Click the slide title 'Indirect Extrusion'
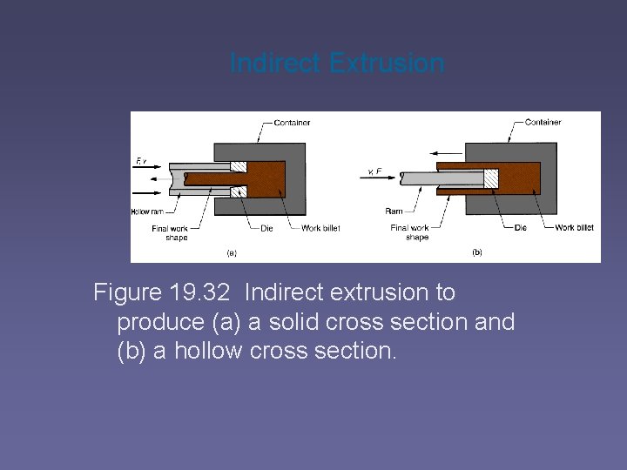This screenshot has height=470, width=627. (x=337, y=64)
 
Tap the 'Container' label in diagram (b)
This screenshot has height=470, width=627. (x=543, y=123)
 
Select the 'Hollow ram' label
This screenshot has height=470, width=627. (x=147, y=211)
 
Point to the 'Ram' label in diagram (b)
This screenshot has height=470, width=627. (x=394, y=211)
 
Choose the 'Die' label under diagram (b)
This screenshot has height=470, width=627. (x=520, y=228)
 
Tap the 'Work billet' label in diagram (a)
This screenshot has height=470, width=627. (x=320, y=228)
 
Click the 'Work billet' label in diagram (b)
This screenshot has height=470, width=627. (x=574, y=228)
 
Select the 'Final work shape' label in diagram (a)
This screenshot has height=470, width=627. (x=170, y=232)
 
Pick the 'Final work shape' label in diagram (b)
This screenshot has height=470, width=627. (x=410, y=232)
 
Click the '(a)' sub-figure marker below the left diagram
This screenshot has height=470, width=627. (x=232, y=253)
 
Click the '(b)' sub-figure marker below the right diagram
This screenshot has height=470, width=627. (x=477, y=252)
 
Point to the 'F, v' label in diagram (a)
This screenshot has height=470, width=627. (x=142, y=160)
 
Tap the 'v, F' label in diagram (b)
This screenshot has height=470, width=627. (x=374, y=171)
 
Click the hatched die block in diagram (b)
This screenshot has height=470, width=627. (x=491, y=178)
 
